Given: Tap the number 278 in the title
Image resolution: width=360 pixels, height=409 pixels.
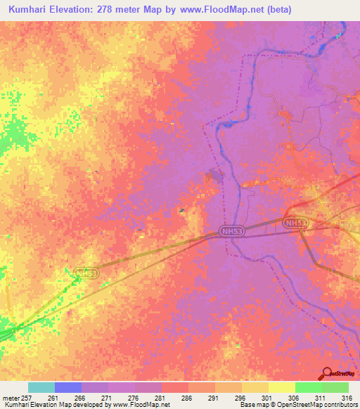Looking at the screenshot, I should (117, 10).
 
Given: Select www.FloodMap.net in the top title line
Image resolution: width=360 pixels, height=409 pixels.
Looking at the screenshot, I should (219, 10).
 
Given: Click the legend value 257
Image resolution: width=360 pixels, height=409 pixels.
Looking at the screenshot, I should (29, 397).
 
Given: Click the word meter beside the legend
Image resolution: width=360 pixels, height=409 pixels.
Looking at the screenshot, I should (11, 397).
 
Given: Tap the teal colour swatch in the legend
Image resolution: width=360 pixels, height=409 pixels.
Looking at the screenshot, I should (41, 387).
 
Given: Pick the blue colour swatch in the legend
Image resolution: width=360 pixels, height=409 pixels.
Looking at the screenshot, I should (67, 387).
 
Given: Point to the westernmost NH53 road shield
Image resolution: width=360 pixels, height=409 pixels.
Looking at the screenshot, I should (85, 272).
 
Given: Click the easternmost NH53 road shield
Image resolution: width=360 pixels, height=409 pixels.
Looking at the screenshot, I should (296, 223).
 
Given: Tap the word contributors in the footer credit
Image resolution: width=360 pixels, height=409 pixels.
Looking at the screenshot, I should (340, 405).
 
